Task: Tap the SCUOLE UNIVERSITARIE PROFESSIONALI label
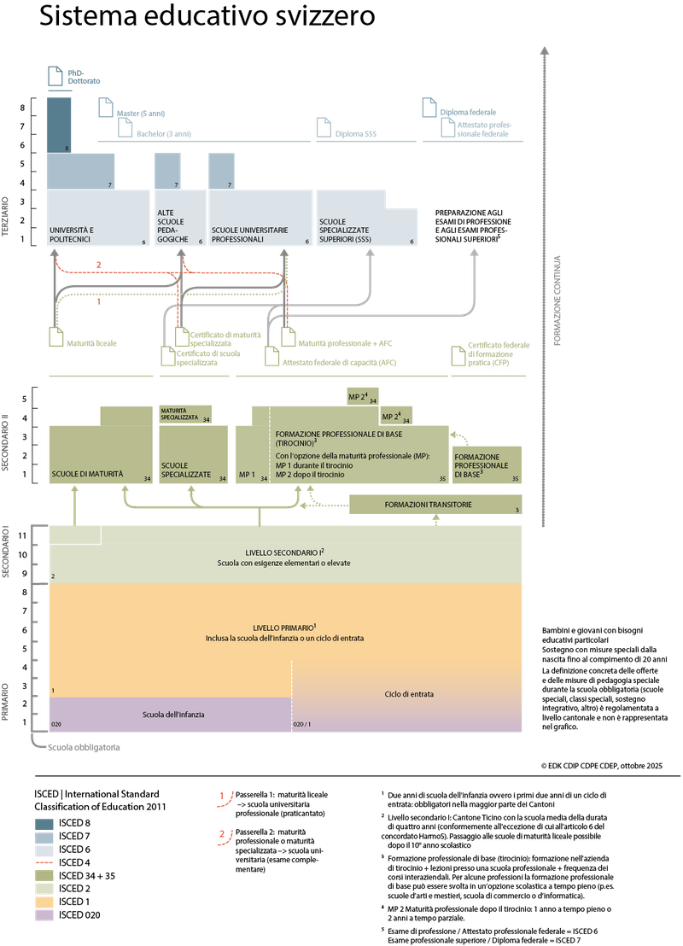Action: point(249,235)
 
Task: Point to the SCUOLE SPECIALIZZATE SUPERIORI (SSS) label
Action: point(352,231)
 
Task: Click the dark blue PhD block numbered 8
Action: point(59,124)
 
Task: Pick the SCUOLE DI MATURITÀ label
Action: point(87,473)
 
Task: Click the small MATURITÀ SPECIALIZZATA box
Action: point(184,415)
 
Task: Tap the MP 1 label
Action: point(248,474)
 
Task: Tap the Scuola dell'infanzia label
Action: point(173,714)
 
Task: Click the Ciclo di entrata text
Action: point(409,694)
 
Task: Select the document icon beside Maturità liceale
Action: point(56,337)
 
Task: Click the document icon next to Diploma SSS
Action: point(324,128)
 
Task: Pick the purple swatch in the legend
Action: point(44,915)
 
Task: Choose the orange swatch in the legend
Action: point(44,902)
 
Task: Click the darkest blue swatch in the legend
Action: point(44,824)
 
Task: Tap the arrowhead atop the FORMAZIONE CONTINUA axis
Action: point(543,53)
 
